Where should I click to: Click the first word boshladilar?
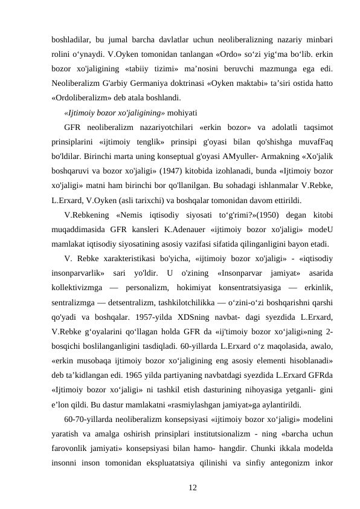tap(71, 39)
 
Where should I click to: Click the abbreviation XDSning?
tap(204, 317)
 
